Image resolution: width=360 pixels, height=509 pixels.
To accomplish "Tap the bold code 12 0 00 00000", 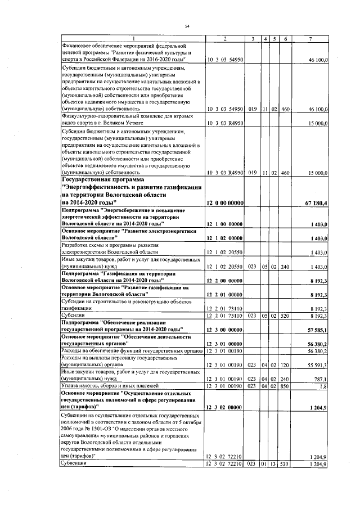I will (x=225, y=202).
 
